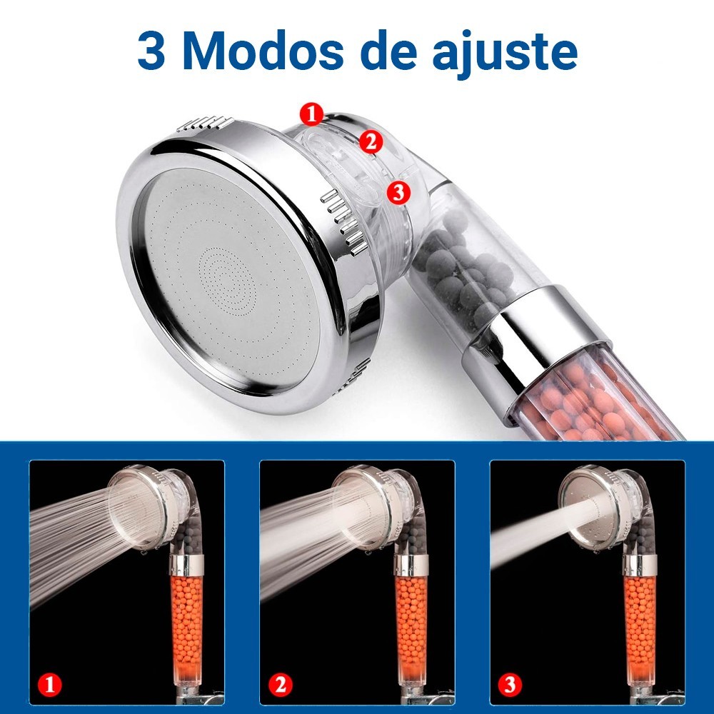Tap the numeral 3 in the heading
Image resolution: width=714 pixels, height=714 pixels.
[151, 51]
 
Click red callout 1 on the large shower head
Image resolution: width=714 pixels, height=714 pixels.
[312, 114]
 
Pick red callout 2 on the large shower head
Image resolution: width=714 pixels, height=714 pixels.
[371, 141]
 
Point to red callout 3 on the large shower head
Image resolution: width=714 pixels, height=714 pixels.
[398, 192]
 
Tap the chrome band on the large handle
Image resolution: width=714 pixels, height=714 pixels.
[535, 351]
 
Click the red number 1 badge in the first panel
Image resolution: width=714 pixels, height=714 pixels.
[50, 685]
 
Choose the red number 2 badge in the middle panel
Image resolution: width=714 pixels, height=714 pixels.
[280, 685]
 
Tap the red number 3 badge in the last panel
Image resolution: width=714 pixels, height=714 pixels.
[510, 685]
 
